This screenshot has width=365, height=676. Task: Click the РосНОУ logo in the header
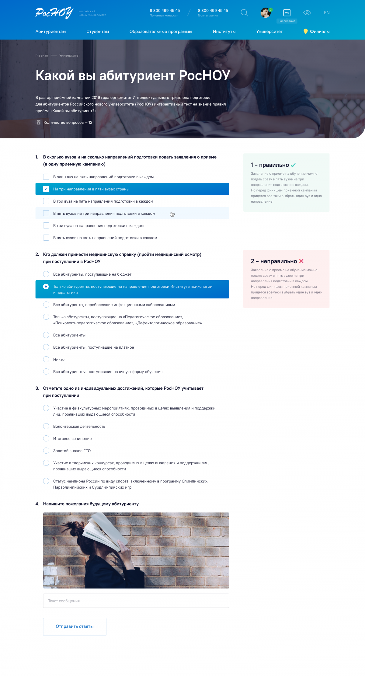pyautogui.click(x=54, y=13)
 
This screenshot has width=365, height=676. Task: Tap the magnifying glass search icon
pyautogui.click(x=244, y=13)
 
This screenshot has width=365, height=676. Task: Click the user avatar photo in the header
pyautogui.click(x=266, y=13)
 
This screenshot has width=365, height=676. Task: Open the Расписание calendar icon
pyautogui.click(x=287, y=13)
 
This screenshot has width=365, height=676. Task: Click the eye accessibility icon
pyautogui.click(x=307, y=13)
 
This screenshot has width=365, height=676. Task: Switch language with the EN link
pyautogui.click(x=327, y=13)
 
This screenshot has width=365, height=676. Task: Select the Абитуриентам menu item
pyautogui.click(x=50, y=32)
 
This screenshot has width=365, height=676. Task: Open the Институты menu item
pyautogui.click(x=224, y=32)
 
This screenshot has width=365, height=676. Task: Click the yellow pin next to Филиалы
pyautogui.click(x=306, y=31)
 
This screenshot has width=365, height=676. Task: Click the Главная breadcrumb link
pyautogui.click(x=42, y=55)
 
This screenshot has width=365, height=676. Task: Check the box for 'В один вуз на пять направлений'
pyautogui.click(x=46, y=177)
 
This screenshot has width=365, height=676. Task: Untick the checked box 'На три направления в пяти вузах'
pyautogui.click(x=46, y=189)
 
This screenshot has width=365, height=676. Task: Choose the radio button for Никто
pyautogui.click(x=46, y=359)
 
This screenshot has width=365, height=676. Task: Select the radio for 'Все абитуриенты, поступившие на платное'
pyautogui.click(x=46, y=347)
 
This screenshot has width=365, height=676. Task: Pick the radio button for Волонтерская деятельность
pyautogui.click(x=46, y=426)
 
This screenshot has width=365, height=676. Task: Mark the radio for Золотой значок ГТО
pyautogui.click(x=46, y=451)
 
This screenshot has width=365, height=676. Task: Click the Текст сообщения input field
pyautogui.click(x=136, y=601)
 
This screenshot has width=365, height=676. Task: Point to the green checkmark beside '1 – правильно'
pyautogui.click(x=293, y=165)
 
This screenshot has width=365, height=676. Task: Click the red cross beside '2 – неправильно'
pyautogui.click(x=301, y=261)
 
